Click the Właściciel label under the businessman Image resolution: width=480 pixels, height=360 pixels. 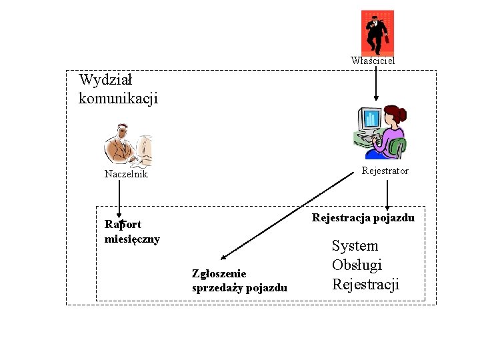pos(373,61)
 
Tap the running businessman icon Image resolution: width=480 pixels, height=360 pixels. pos(377,31)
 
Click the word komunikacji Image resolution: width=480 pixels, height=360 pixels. pos(118,99)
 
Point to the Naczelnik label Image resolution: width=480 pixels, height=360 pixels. pos(126,174)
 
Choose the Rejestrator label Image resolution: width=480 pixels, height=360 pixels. pos(385,171)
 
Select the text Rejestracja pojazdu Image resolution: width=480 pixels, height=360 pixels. pos(363,218)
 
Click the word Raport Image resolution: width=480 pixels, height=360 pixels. pos(123,225)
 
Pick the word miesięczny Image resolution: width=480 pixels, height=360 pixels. pos(132,239)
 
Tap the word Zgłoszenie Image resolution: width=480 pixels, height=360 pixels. pos(219,273)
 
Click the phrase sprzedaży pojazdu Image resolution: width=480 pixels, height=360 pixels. pos(239,288)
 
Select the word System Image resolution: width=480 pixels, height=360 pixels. pos(355,246)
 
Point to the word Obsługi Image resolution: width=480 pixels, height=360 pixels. pos(357,265)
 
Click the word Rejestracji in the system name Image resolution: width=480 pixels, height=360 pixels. pos(365,285)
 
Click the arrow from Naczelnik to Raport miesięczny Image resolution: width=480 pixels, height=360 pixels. pos(119,200)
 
